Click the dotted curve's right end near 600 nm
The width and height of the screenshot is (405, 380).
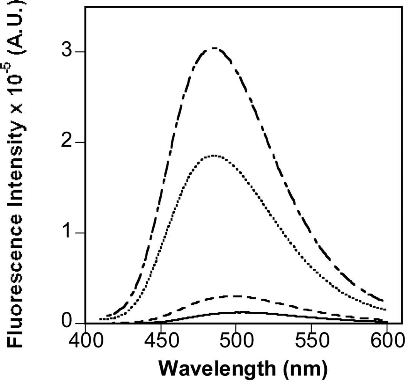[x=385, y=309]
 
